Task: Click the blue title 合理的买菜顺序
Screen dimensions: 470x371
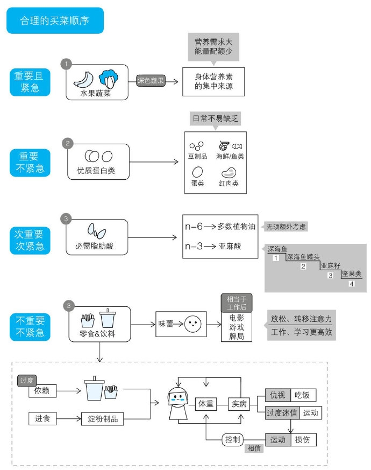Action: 55,21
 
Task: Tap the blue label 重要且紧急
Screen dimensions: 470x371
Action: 30,82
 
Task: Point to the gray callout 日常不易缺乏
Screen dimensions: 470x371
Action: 215,118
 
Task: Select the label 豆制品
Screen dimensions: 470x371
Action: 198,156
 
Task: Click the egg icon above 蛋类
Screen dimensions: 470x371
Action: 197,172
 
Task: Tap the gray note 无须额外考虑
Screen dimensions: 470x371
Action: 287,227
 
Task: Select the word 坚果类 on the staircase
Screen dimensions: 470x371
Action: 351,273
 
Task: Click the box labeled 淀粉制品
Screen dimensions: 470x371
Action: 106,418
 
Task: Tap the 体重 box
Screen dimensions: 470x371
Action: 206,403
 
